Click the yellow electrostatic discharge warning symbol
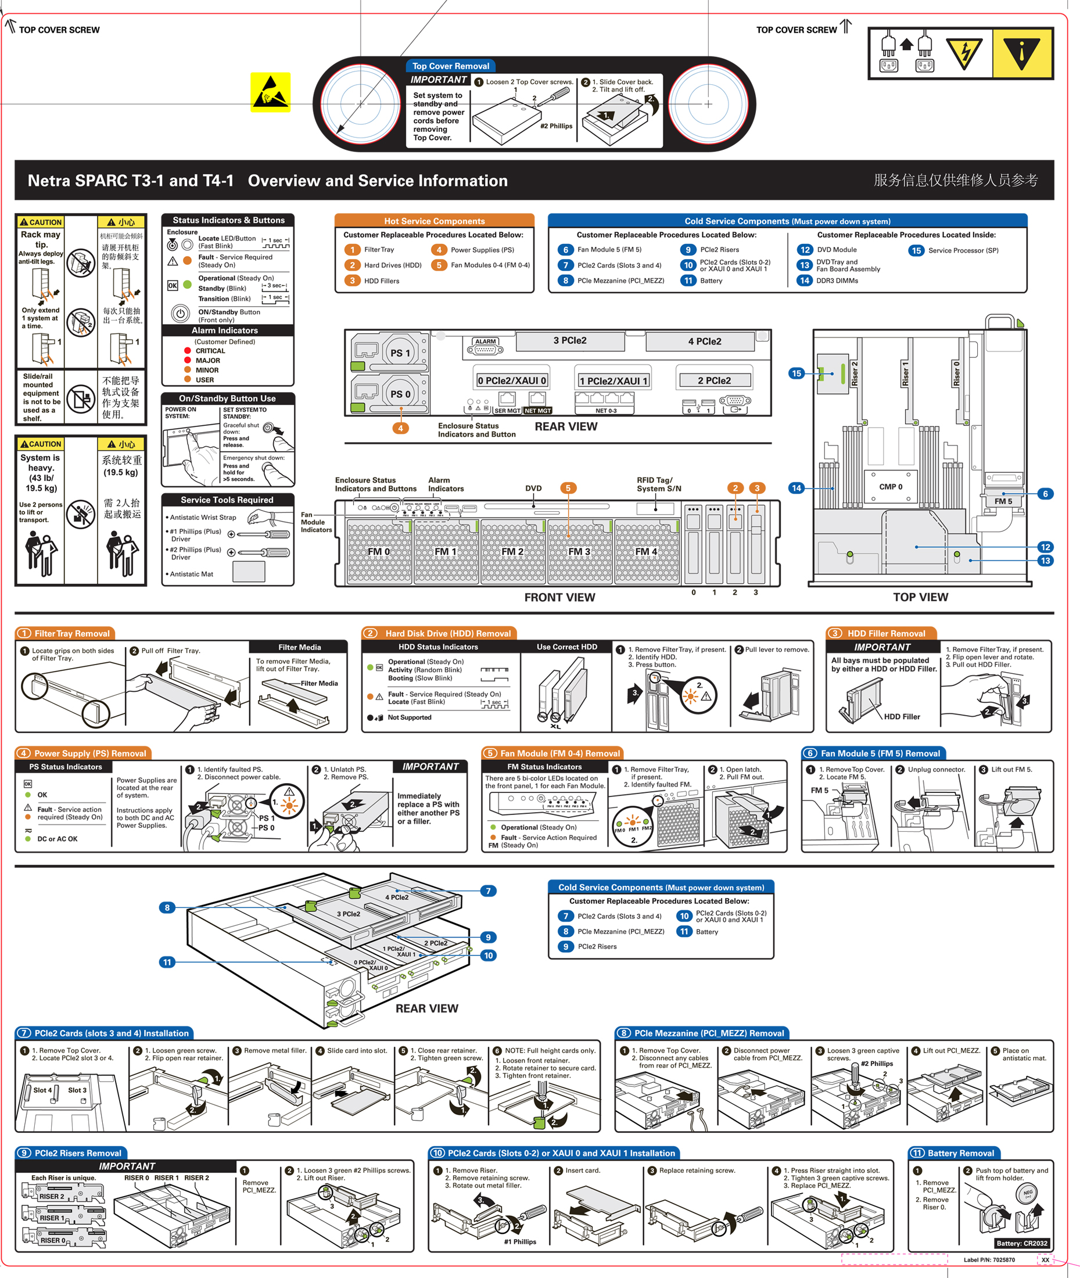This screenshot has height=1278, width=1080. click(x=270, y=92)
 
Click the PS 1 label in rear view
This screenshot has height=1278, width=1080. click(x=400, y=353)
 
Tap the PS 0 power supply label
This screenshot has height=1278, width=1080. click(x=400, y=394)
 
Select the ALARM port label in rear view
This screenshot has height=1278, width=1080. click(x=486, y=342)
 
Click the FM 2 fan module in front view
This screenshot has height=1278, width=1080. click(x=512, y=551)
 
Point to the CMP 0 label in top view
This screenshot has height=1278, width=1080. click(x=890, y=487)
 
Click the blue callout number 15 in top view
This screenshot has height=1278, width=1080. click(x=796, y=374)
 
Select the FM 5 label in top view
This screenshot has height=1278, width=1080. click(x=1003, y=501)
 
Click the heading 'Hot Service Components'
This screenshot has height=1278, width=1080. click(x=434, y=221)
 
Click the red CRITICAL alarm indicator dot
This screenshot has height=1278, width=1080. click(x=187, y=351)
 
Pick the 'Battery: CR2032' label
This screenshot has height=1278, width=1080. click(x=1021, y=1243)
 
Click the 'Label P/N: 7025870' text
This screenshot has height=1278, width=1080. click(x=989, y=1259)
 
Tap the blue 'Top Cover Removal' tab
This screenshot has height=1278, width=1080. click(x=451, y=66)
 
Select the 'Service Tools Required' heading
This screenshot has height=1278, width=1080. click(x=227, y=500)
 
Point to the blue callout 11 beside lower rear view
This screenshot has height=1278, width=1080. click(x=167, y=962)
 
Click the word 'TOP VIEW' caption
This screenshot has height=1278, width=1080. click(x=920, y=597)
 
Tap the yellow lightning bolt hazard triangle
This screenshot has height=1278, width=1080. click(x=964, y=53)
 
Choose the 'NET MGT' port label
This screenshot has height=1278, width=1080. click(x=537, y=411)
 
